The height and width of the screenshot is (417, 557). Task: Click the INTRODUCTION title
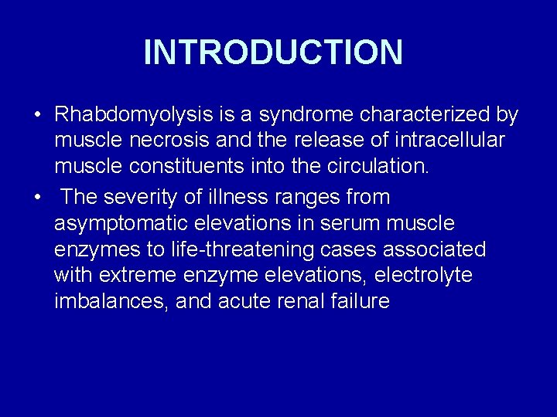[x=273, y=53]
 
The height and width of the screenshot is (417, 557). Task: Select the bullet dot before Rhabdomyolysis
[x=37, y=116]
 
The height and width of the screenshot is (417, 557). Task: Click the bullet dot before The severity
[x=37, y=198]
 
